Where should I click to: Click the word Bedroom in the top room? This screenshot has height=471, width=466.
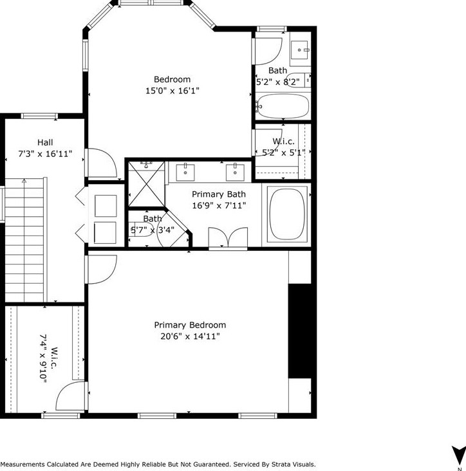172,80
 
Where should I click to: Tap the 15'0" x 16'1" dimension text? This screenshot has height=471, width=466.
172,91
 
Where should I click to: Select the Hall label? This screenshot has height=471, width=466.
45,142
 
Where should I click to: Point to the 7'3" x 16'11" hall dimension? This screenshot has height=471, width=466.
45,154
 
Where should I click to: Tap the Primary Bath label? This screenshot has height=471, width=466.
219,194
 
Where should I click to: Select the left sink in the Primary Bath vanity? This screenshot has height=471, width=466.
186,172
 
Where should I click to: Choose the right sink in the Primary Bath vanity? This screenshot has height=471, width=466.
235,172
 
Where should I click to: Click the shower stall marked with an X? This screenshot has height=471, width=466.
146,182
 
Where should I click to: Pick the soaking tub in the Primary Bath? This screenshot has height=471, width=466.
287,214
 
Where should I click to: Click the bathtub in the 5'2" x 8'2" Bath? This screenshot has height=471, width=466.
283,106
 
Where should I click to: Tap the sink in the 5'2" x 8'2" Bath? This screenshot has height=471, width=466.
300,48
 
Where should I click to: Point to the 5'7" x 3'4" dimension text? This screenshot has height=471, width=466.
153,230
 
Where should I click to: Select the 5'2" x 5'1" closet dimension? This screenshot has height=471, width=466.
283,153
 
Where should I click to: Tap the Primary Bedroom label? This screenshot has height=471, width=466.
190,325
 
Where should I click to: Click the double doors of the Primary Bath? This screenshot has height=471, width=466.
228,238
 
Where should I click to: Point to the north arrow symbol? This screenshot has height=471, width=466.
458,454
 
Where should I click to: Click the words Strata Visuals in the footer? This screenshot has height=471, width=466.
292,464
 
